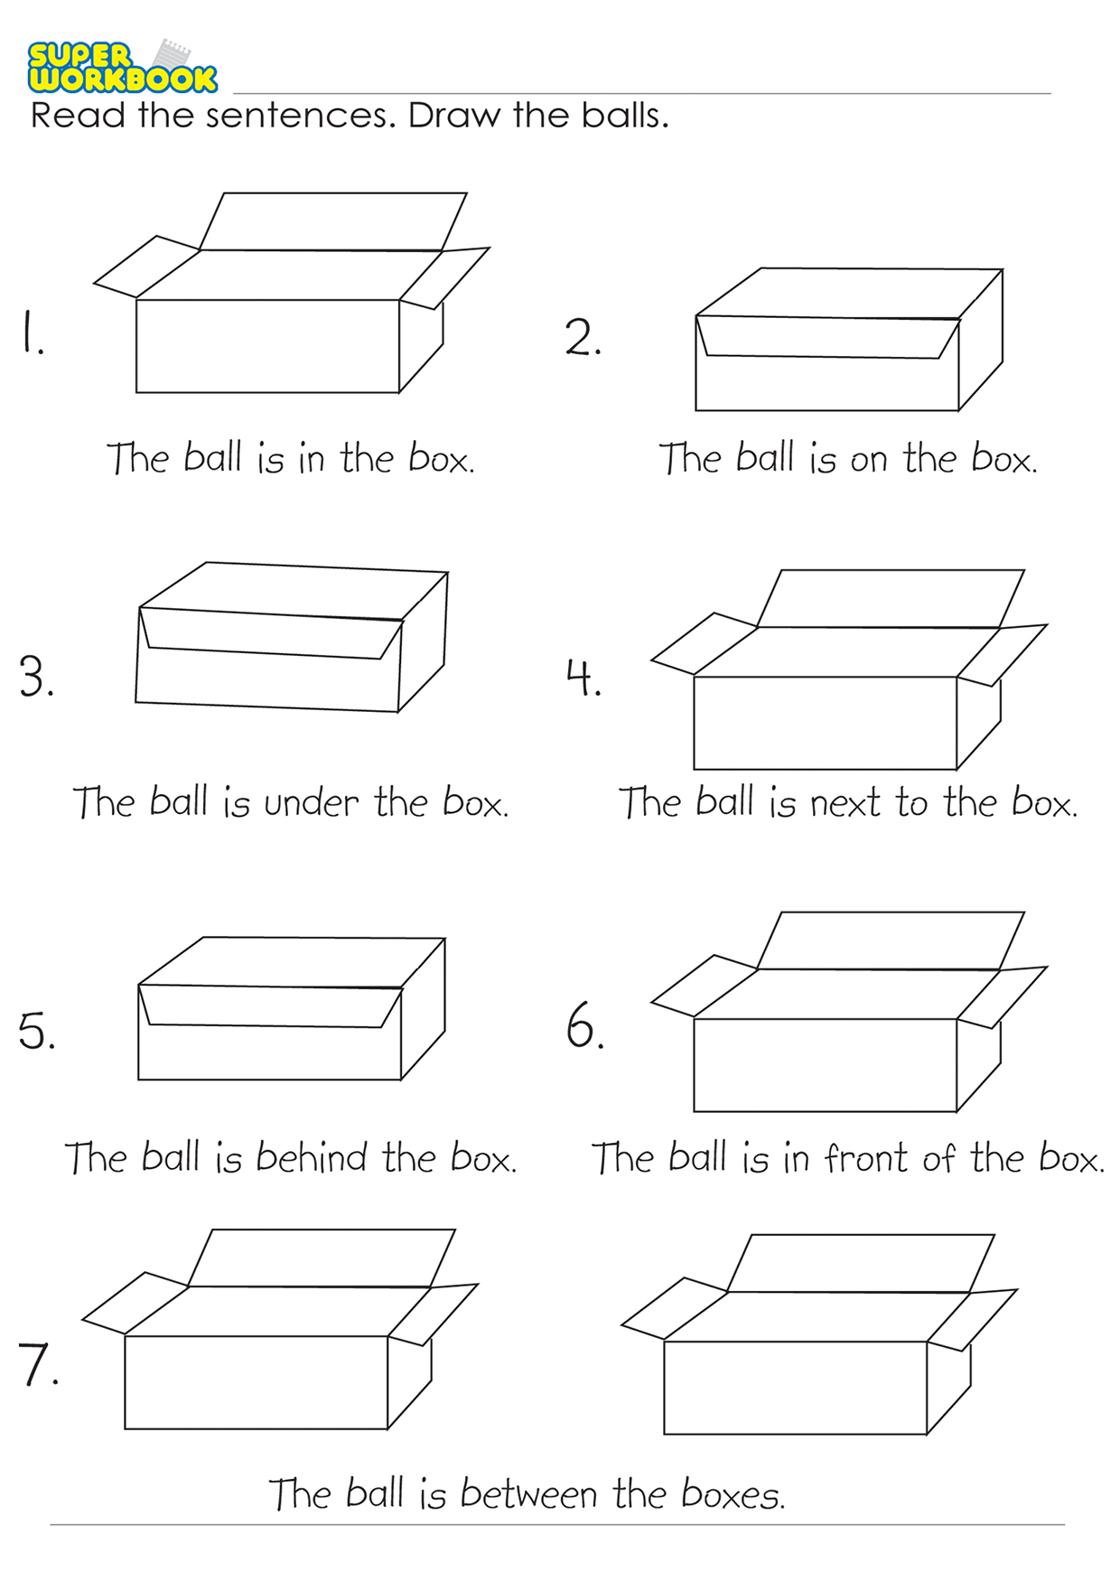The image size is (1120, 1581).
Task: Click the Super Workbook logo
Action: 122,67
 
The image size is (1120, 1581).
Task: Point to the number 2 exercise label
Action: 583,337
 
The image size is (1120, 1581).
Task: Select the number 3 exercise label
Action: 36,676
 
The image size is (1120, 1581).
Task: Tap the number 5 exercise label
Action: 36,1030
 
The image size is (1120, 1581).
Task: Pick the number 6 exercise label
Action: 584,1025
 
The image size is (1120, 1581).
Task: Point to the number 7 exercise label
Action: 38,1364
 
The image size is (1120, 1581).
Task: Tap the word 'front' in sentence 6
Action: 865,1157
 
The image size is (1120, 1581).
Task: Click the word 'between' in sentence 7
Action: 528,1494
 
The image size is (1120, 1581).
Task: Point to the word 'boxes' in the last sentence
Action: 733,1494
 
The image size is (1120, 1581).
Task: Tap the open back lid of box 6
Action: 890,940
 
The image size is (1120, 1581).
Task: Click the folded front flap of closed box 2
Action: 827,337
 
